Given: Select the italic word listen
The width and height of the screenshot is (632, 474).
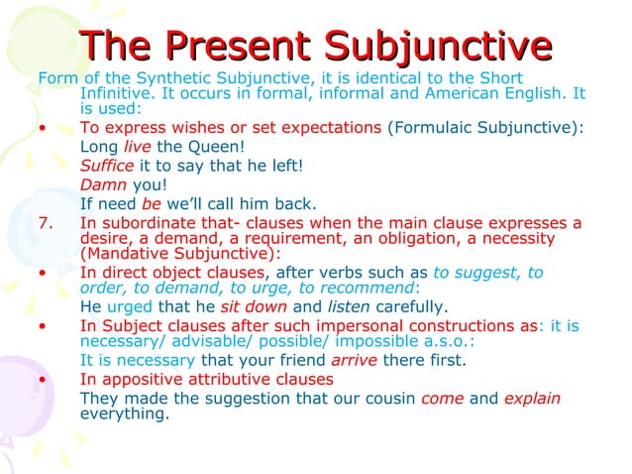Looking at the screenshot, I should click(x=351, y=305).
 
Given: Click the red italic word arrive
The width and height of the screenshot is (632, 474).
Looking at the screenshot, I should click(x=353, y=361).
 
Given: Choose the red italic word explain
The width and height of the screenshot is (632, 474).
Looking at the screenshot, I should click(x=533, y=399).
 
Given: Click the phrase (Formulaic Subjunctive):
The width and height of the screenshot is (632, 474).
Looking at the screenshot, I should click(x=484, y=128).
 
